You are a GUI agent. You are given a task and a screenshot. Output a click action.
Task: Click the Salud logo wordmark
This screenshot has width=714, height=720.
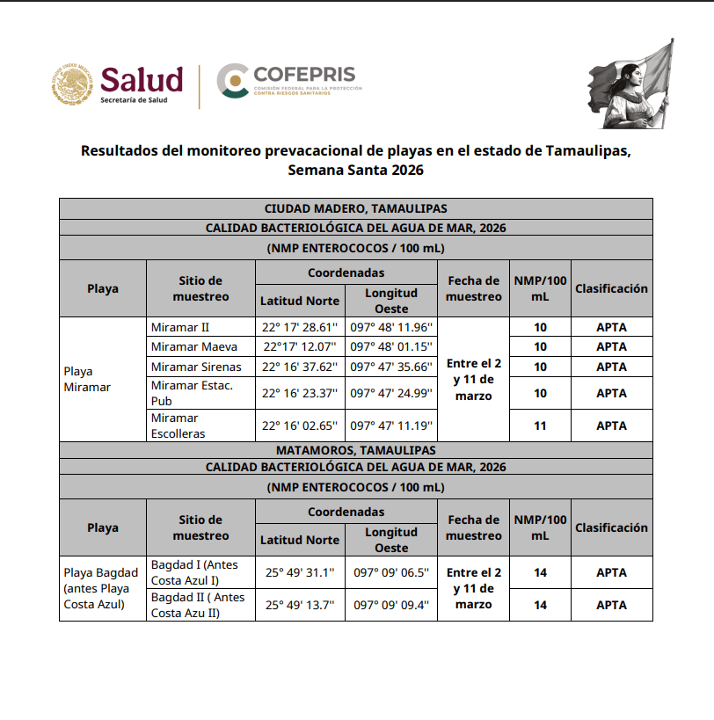tap(142, 80)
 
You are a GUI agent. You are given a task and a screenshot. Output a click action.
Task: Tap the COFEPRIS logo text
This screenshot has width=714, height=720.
tap(303, 73)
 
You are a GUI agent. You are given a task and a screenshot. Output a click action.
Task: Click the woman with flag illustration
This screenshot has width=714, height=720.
tap(630, 86)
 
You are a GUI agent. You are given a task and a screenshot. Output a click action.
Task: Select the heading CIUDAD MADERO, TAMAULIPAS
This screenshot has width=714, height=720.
tap(356, 208)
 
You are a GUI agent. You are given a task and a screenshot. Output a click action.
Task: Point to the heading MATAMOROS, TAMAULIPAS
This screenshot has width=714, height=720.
tap(356, 450)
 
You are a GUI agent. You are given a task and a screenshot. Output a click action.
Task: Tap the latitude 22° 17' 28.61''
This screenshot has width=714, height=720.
tap(300, 327)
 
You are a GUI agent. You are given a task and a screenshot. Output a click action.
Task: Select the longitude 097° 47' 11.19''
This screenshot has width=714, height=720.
tap(391, 425)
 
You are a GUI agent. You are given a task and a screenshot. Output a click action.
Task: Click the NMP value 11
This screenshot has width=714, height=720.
tap(540, 425)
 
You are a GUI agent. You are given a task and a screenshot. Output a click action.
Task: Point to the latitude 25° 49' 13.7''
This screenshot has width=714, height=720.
tap(300, 605)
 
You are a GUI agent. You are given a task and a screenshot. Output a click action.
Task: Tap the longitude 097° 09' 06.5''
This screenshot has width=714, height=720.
tap(391, 572)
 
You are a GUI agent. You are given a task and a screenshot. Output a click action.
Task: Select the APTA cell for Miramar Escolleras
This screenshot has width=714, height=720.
tap(611, 425)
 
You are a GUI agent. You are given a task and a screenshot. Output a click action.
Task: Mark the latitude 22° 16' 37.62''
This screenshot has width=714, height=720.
tap(300, 367)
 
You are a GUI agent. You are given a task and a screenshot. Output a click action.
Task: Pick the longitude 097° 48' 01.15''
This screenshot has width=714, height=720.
tap(391, 346)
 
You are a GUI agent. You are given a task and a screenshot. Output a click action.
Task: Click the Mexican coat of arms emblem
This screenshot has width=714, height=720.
tap(72, 85)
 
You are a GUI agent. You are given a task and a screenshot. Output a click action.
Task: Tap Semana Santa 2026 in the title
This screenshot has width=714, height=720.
tap(356, 171)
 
